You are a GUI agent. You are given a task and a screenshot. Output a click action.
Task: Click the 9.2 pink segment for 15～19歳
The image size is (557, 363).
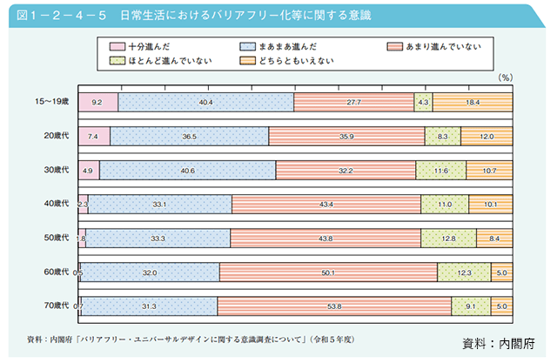click(x=97, y=103)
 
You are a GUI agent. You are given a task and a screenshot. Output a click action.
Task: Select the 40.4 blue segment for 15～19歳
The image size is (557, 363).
click(x=206, y=103)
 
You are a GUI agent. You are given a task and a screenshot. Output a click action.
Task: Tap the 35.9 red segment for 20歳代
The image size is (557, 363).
click(x=346, y=137)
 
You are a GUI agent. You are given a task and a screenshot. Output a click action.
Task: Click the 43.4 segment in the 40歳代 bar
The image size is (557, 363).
click(x=325, y=205)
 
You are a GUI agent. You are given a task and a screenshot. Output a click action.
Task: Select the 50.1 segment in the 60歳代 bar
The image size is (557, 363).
click(x=328, y=272)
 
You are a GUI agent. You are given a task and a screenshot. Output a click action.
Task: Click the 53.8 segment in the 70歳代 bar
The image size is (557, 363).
click(x=333, y=306)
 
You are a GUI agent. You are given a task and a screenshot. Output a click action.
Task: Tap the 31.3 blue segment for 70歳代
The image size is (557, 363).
click(x=149, y=306)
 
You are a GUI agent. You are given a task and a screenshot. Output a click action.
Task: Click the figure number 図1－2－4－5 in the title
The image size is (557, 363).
click(x=57, y=15)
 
